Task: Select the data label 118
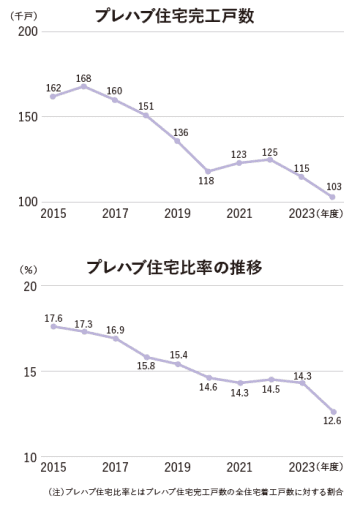click(x=207, y=183)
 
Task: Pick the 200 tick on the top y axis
click(x=28, y=33)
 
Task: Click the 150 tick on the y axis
click(x=28, y=117)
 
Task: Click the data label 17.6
click(x=53, y=317)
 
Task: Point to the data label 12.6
click(x=334, y=422)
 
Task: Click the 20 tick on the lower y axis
click(x=31, y=287)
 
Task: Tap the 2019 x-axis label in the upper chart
click(x=177, y=214)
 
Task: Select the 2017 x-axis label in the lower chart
click(x=115, y=467)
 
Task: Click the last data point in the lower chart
click(x=333, y=412)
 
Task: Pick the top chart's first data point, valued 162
click(x=53, y=96)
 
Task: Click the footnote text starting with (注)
click(x=194, y=492)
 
